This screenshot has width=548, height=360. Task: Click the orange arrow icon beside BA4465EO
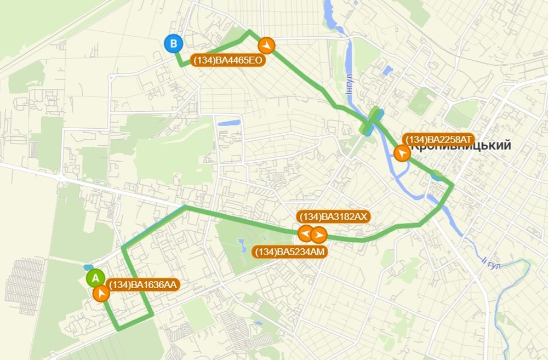[x=266, y=44]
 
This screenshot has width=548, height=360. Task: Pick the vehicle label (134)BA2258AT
[x=437, y=139]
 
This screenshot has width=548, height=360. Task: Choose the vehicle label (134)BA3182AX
[x=334, y=216]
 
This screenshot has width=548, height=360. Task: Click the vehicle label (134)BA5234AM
[x=290, y=252]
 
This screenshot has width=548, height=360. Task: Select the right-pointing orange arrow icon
[x=318, y=235]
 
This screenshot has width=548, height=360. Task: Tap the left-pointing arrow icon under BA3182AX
[x=305, y=235]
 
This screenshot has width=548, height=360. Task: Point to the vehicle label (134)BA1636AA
[x=144, y=284]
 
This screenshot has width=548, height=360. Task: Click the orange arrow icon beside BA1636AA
[x=101, y=294]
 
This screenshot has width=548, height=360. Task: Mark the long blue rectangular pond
[x=229, y=123]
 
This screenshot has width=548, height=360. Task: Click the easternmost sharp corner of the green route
[x=452, y=186]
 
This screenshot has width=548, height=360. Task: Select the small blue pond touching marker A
[x=88, y=268]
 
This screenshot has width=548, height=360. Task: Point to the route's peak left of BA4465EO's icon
[x=249, y=31]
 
